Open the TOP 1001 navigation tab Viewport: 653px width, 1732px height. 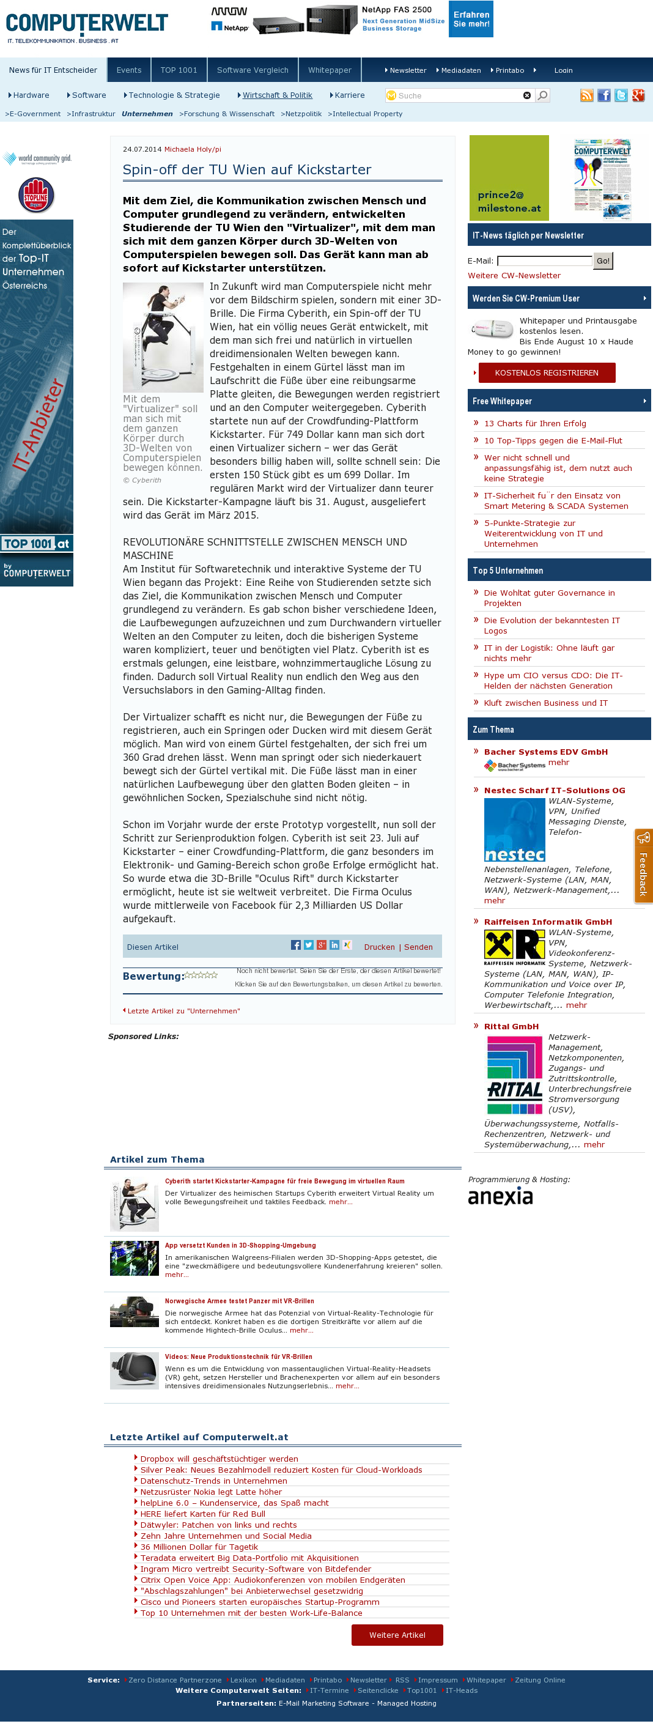click(179, 70)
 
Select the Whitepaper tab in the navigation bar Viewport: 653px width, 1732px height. click(330, 70)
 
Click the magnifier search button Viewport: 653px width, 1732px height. click(543, 95)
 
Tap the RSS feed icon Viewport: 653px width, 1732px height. click(586, 95)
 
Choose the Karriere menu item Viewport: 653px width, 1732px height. click(349, 95)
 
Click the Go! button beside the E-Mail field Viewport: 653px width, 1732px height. click(603, 261)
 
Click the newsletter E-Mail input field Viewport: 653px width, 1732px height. click(545, 261)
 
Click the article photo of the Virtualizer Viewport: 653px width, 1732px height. click(163, 337)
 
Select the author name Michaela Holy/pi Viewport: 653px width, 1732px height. click(193, 149)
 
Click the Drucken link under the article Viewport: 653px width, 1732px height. click(379, 947)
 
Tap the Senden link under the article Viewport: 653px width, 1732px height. click(418, 947)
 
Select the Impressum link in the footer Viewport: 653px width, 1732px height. click(437, 1680)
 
